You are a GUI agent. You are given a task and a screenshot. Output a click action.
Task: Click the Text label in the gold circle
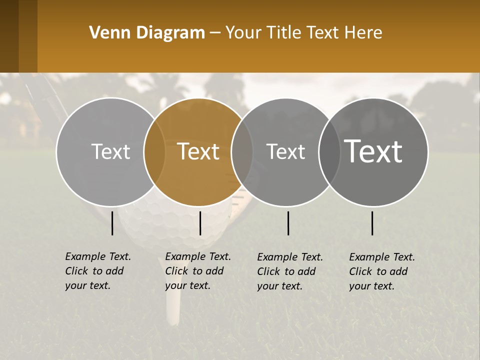point(198,151)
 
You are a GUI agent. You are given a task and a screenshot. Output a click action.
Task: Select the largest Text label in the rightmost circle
point(373,151)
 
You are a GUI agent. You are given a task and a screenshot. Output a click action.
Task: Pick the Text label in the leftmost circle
point(110,151)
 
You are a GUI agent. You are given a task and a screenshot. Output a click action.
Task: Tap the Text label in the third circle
point(285,151)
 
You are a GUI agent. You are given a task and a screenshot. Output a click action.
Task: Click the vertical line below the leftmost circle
point(112,223)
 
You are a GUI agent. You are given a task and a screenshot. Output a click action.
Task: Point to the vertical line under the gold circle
point(200,223)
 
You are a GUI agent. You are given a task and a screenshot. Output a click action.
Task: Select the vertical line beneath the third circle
point(288,223)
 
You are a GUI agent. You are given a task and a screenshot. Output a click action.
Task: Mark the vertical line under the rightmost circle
point(372,223)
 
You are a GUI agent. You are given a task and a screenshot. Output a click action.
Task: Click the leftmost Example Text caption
point(98,271)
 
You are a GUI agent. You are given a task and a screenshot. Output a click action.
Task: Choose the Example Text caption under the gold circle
point(198,271)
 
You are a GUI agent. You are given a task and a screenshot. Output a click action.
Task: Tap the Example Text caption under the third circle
point(290,271)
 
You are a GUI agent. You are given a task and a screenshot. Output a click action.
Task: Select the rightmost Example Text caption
point(382,271)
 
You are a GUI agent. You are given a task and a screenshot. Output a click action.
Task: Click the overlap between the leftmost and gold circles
point(154,151)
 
